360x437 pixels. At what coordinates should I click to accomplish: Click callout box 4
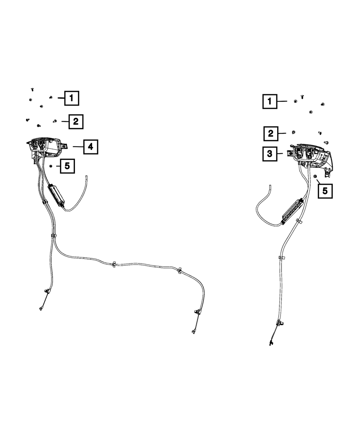90,147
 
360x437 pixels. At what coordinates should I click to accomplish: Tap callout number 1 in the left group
72,98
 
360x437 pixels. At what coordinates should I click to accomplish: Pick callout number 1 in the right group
269,102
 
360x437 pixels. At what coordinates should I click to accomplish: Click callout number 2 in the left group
76,122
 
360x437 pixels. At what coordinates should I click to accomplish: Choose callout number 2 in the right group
270,134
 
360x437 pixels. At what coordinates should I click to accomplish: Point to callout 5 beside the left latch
67,166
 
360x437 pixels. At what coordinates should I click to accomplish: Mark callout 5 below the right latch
325,191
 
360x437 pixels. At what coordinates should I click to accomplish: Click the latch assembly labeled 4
45,147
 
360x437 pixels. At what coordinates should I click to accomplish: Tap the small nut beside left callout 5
51,166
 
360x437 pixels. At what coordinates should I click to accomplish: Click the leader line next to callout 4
78,147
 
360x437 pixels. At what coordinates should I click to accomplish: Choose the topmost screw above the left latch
32,89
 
